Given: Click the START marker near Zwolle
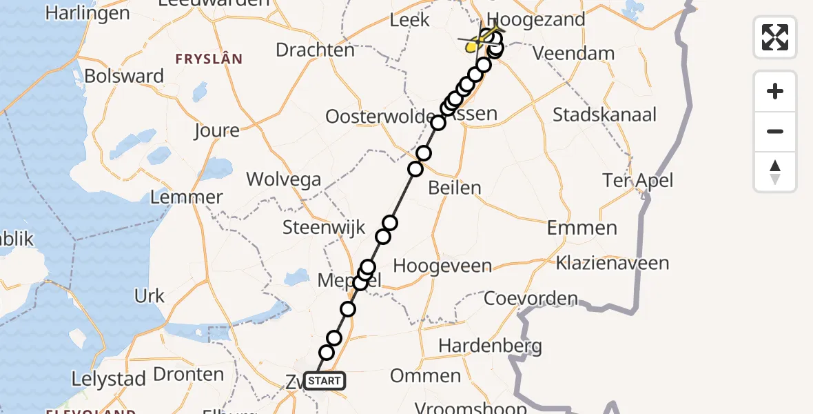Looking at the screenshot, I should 323,381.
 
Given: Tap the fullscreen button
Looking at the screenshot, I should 775,37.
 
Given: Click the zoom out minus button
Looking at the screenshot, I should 775,131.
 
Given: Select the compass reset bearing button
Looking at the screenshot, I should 775,172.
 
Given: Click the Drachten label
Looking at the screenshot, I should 316,50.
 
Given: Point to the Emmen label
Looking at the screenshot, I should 582,228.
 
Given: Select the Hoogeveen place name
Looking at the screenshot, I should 442,266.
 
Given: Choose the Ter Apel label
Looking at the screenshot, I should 637,181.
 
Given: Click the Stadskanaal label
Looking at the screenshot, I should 605,115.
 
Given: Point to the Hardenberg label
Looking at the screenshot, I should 490,346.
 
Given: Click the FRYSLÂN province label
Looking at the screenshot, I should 209,59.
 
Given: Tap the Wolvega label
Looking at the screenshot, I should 284,180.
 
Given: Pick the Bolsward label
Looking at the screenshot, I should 125,76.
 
